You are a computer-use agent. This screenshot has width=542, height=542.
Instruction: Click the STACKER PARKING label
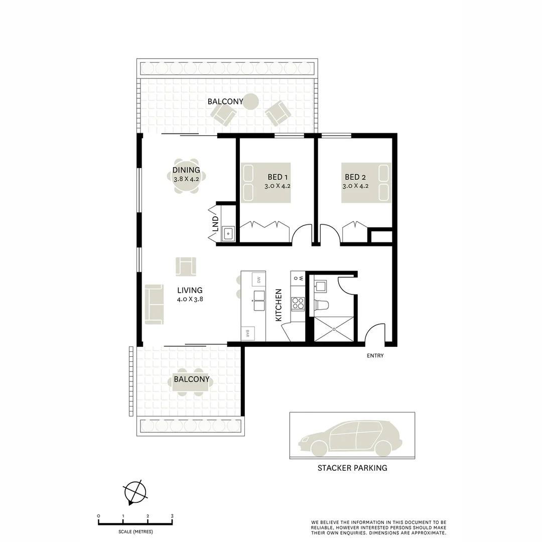[352, 468]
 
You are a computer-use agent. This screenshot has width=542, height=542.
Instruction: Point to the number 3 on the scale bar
[172, 516]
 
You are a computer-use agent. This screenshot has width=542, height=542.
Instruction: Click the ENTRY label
[375, 356]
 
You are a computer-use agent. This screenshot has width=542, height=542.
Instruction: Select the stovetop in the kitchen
[298, 304]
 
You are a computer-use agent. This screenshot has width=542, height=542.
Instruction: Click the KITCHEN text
[279, 306]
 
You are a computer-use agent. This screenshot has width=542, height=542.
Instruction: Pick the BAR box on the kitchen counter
[248, 333]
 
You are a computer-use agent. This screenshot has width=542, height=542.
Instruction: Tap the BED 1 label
[278, 177]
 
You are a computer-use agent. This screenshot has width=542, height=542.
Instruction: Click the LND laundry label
[215, 222]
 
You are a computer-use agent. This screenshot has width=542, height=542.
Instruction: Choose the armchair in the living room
[186, 266]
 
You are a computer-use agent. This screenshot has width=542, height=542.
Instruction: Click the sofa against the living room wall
[154, 304]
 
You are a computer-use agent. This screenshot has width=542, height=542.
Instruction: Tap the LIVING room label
[190, 290]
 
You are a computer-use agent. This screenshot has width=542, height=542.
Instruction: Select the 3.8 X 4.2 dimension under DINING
[186, 178]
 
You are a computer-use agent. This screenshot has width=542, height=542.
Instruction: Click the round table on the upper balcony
[251, 102]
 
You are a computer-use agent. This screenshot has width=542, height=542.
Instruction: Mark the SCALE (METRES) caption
[135, 531]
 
